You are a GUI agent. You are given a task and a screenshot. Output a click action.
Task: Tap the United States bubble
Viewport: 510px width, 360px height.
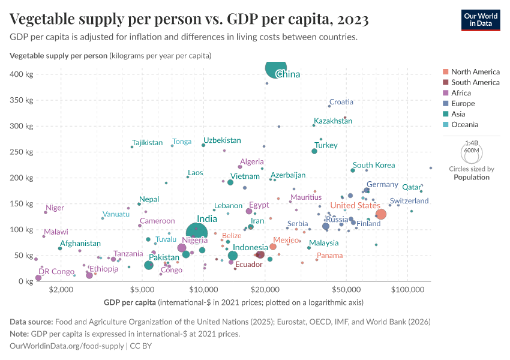pos(380,214)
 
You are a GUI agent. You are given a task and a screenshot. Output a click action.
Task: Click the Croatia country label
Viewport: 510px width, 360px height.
pos(341,102)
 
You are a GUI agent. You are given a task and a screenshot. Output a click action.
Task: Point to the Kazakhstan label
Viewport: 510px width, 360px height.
pos(333,121)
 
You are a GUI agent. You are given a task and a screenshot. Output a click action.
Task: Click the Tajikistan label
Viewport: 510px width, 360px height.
pos(148,143)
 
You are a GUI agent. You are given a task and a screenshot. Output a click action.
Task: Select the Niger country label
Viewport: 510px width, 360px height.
pos(55,208)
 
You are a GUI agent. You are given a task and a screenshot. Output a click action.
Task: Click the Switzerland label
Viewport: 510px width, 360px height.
pos(409,200)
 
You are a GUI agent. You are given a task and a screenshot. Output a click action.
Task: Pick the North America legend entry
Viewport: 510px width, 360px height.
pos(475,71)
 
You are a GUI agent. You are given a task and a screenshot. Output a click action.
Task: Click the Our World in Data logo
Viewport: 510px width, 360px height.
pos(481,19)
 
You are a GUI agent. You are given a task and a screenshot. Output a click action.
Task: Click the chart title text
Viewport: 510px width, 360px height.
pos(189,19)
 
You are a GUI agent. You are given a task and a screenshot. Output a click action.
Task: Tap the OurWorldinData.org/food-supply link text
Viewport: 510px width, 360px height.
pos(68,346)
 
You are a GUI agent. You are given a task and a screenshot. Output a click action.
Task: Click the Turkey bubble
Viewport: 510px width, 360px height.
pos(314,151)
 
